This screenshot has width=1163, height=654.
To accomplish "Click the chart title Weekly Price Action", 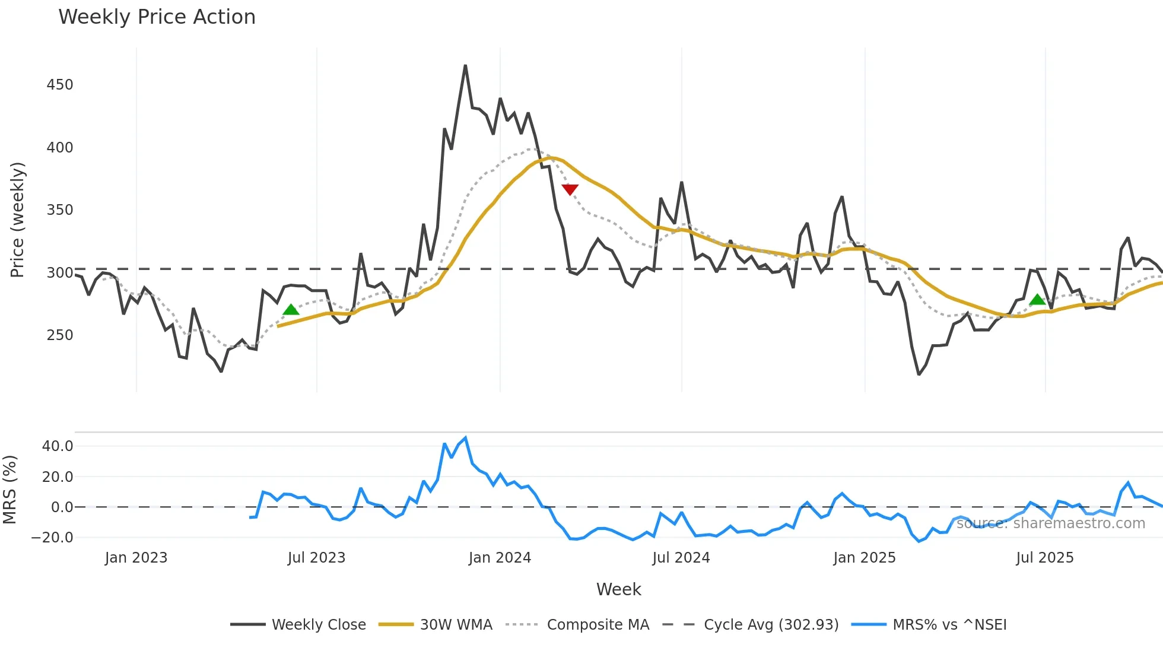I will (x=157, y=17).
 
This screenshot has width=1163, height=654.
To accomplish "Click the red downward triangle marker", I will (x=570, y=189).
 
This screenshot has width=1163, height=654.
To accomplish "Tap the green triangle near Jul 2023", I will (x=291, y=309).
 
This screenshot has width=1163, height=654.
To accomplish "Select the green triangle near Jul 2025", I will (x=1037, y=300).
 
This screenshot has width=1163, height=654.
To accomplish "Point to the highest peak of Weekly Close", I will (x=465, y=66).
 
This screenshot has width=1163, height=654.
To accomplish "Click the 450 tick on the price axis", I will (x=60, y=85).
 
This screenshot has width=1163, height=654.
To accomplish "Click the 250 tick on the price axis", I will (x=60, y=335).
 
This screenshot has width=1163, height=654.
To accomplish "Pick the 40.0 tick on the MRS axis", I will (x=58, y=446).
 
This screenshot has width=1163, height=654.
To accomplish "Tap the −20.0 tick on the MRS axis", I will (x=52, y=538).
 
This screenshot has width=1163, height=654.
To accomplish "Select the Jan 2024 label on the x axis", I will (x=500, y=558).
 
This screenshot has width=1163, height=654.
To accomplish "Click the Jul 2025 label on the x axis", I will (x=1045, y=558).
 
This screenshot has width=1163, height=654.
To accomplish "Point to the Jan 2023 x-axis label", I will (x=136, y=558).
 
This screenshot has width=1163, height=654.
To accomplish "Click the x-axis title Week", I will (x=618, y=589).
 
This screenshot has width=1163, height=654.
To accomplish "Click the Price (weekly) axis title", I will (x=18, y=220).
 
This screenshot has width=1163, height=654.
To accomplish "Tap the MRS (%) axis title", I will (x=10, y=490).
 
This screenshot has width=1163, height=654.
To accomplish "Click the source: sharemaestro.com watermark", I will (x=1051, y=523).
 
